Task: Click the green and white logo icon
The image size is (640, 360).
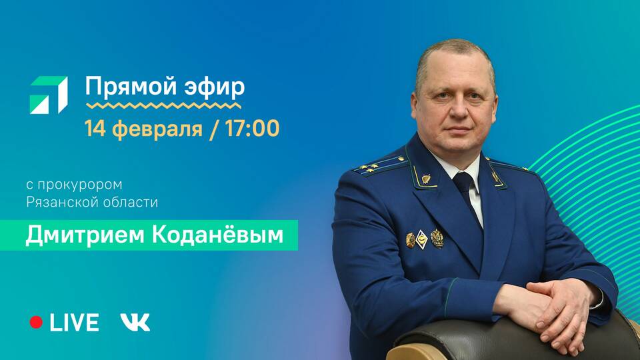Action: click(49, 95)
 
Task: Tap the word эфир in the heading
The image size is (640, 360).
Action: click(215, 87)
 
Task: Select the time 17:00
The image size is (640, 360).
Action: click(252, 128)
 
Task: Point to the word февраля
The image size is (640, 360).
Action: click(157, 129)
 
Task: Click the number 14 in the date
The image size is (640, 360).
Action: click(95, 128)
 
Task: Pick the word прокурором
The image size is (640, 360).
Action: click(79, 185)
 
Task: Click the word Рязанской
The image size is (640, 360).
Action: click(61, 202)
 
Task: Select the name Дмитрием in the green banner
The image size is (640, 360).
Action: click(85, 235)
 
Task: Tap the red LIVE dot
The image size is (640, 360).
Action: click(36, 322)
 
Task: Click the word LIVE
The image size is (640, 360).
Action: click(74, 323)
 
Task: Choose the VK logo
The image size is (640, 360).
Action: click(135, 322)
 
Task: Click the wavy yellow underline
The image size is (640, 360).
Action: click(163, 106)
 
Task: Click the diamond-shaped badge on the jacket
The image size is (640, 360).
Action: click(421, 239)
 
